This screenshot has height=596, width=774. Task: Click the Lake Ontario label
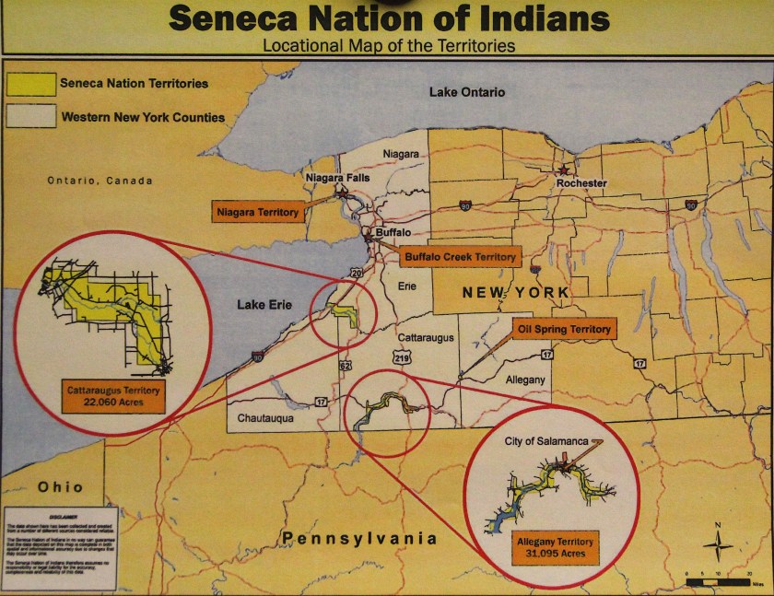467,92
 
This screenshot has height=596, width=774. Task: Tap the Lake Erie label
265,304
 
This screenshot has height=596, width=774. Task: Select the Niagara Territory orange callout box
257,213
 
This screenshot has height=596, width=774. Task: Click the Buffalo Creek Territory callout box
460,257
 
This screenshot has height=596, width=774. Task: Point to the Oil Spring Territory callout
564,329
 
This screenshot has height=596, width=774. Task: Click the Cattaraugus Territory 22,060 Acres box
113,397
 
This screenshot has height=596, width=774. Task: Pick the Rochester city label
581,183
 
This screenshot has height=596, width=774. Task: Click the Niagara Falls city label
336,176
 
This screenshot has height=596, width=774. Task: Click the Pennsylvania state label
359,538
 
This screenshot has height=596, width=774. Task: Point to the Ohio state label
61,486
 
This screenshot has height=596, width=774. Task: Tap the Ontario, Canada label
100,181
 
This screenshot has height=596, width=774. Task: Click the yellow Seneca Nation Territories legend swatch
28,84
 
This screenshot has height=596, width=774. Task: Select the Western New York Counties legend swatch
28,117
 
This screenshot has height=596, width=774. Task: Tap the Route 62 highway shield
345,366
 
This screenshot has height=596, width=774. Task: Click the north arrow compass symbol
718,545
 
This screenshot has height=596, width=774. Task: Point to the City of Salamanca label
545,441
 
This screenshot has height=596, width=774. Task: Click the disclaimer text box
60,548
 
